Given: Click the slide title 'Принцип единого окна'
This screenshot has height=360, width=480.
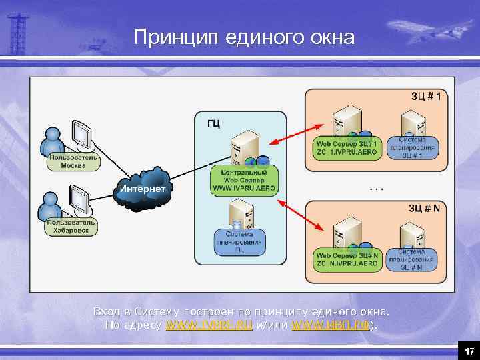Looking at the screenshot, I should (243, 37).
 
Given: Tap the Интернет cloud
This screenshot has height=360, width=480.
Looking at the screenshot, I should (143, 189).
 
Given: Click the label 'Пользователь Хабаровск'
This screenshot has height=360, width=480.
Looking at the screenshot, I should (71, 227).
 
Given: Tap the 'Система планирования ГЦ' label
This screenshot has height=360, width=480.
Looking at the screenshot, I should (239, 243).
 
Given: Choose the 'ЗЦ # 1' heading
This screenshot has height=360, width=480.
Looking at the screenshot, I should (429, 97).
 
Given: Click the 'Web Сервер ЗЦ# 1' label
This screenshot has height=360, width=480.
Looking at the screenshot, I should (347, 147).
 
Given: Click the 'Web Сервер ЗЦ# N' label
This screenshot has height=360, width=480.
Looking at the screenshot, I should (347, 259).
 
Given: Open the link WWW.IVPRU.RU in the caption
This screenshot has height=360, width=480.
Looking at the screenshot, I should (209, 325).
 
